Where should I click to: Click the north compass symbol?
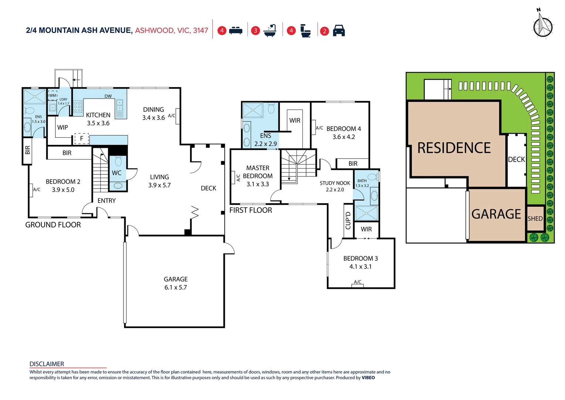(x=542, y=26)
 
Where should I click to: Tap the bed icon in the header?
(x=236, y=31)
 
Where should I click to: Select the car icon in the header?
(x=339, y=31)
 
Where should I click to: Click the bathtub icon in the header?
(x=270, y=31)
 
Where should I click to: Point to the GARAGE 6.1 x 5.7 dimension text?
(x=176, y=287)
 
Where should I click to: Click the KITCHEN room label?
(x=98, y=115)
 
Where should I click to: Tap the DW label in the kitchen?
(x=108, y=96)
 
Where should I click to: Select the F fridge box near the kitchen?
(x=82, y=139)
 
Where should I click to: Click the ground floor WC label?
(x=116, y=173)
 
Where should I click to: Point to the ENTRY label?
(x=106, y=201)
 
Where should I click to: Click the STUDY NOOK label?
(x=335, y=183)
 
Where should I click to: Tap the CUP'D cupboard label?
(x=348, y=221)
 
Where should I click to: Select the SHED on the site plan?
(x=535, y=219)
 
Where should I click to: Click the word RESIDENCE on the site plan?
(x=454, y=148)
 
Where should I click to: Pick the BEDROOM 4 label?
(x=344, y=129)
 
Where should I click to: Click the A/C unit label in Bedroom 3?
(x=358, y=282)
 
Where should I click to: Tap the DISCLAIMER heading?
(x=47, y=364)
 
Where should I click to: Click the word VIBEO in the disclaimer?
(x=368, y=378)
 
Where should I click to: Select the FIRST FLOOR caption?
(x=251, y=210)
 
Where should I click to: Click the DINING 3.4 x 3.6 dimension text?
(x=153, y=118)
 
